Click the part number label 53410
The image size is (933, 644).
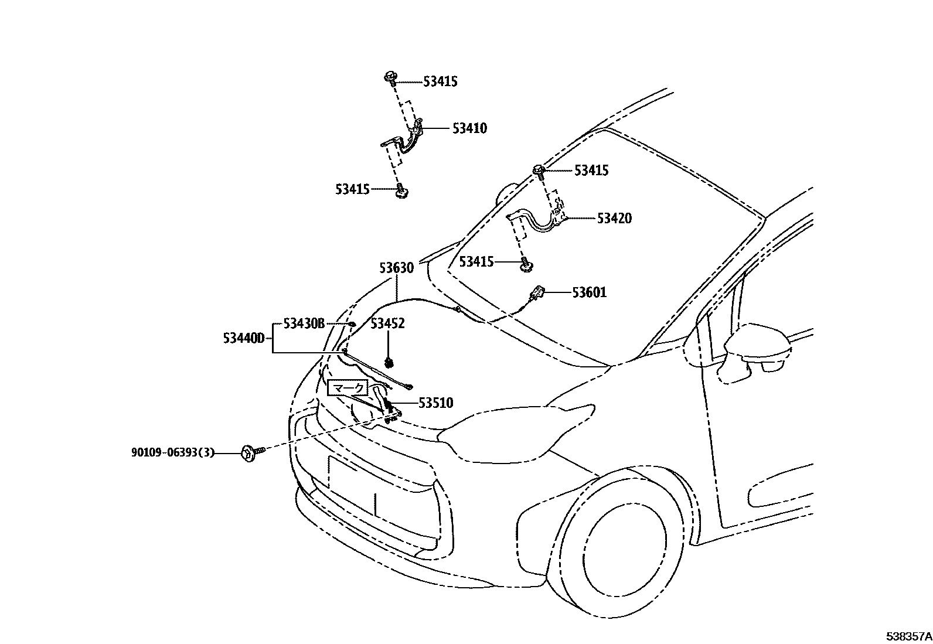pos(469,128)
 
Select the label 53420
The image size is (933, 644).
pos(614,219)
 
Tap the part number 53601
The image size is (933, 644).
pos(590,292)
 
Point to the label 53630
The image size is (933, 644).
pos(396,268)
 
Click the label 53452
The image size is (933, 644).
pos(387,323)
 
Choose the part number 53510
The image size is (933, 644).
pos(435,403)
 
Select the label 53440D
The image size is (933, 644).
pos(244,338)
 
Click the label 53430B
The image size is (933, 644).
pos(304,323)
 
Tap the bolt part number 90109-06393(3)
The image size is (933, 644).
pos(173,452)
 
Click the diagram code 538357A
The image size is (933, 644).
pos(908,636)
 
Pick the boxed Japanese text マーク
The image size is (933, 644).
pos(348,387)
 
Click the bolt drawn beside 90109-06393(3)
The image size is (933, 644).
pos(250,452)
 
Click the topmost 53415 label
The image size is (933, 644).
pos(440,81)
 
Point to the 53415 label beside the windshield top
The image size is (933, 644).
pos(591,171)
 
